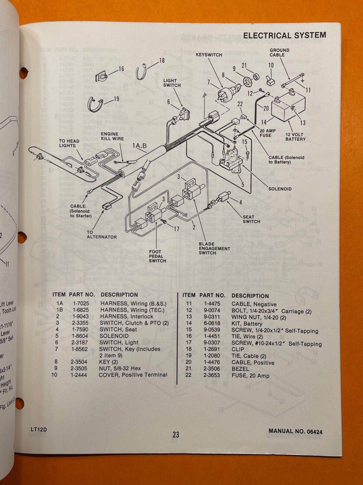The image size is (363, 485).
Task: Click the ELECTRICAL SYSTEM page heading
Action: click(284, 35)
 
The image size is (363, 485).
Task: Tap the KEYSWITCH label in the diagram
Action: click(209, 55)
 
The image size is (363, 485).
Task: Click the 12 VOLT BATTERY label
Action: click(295, 137)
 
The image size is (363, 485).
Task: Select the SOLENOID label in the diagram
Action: click(280, 189)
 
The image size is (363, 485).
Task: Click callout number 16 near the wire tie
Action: click(121, 69)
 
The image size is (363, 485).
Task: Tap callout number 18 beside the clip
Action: click(162, 60)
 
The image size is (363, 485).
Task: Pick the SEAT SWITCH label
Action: click(251, 219)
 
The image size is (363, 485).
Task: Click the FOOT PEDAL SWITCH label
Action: click(157, 256)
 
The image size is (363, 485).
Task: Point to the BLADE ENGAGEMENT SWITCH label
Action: click(214, 248)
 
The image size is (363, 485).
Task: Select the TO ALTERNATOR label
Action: click(101, 235)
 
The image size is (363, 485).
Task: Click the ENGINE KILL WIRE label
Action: click(112, 136)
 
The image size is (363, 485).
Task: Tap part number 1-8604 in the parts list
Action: click(79, 336)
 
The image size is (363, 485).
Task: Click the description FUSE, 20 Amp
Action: click(250, 376)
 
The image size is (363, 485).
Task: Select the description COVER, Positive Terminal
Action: click(133, 375)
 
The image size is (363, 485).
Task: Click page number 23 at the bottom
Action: click(176, 435)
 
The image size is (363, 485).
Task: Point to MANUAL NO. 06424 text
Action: click(295, 431)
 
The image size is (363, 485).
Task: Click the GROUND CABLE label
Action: click(279, 52)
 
